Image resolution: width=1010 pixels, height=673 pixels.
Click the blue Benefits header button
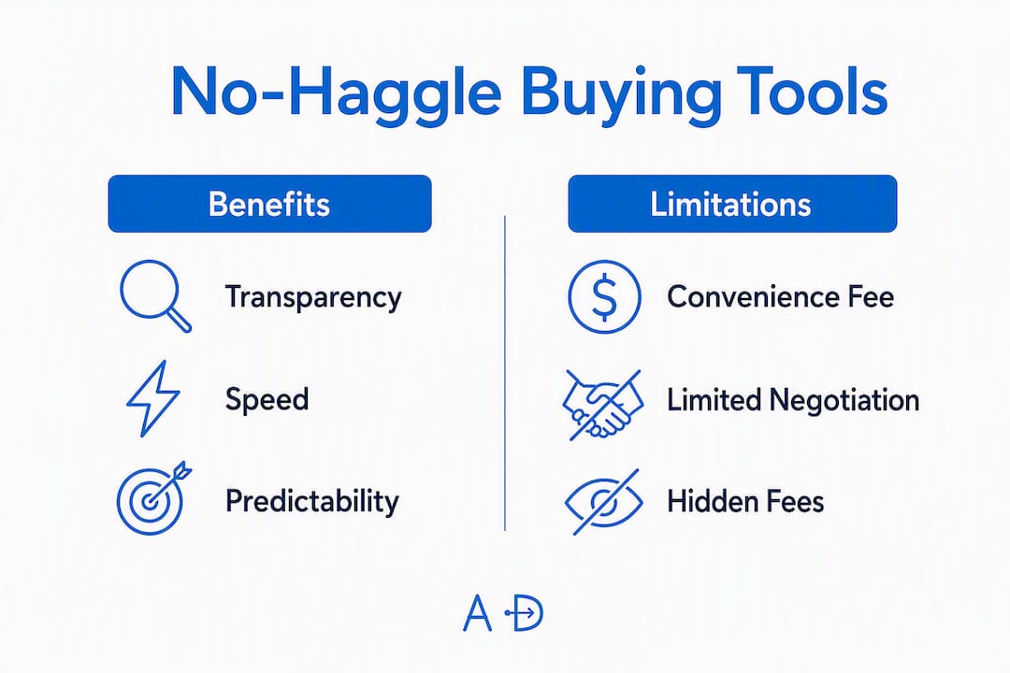click(x=270, y=204)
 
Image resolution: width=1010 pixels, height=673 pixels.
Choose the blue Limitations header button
click(x=732, y=204)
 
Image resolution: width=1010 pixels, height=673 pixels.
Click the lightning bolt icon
click(x=152, y=398)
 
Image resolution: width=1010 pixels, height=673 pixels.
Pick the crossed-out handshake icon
click(x=603, y=405)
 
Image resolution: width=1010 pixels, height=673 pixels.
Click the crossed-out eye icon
click(x=603, y=502)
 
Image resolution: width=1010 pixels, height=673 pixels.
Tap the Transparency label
click(x=313, y=298)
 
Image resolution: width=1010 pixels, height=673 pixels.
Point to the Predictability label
click(x=311, y=502)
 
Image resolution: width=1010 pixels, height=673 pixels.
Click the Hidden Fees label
click(x=745, y=502)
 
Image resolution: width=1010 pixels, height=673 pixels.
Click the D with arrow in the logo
click(x=525, y=613)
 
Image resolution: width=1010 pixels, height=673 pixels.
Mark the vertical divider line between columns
click(x=505, y=374)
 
